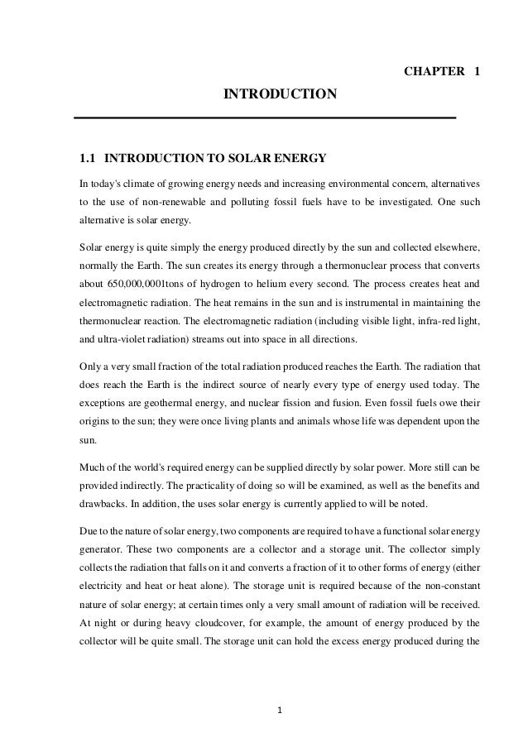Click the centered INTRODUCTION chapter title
[x=281, y=96]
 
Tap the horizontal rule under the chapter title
[x=265, y=118]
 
